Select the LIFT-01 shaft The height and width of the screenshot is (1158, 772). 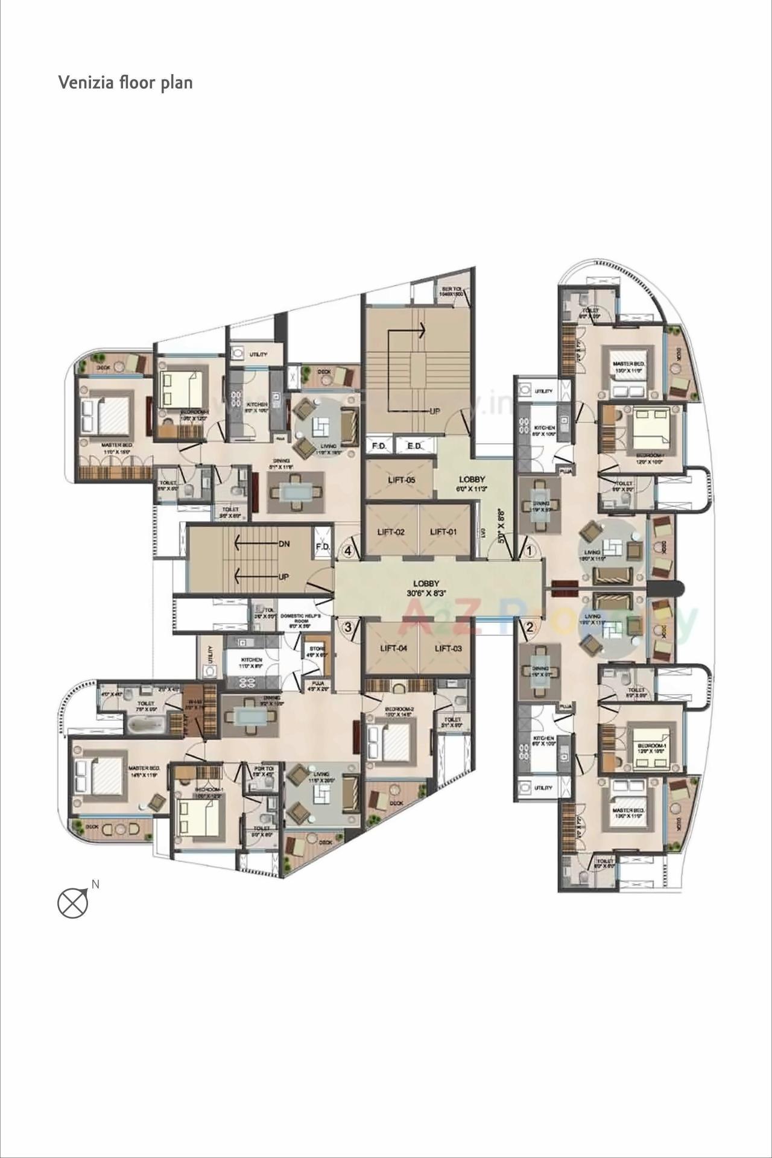[x=443, y=531]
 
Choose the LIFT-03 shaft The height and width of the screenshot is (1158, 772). [x=448, y=648]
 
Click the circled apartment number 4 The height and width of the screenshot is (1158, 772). [x=348, y=551]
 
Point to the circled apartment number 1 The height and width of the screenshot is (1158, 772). [x=529, y=551]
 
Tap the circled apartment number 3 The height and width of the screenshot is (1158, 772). [x=348, y=627]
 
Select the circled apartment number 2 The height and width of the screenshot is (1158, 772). [x=529, y=627]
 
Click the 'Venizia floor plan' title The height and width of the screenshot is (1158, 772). [x=125, y=82]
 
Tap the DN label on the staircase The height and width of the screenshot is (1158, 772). [x=285, y=543]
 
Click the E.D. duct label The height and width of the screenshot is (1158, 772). [x=414, y=446]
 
